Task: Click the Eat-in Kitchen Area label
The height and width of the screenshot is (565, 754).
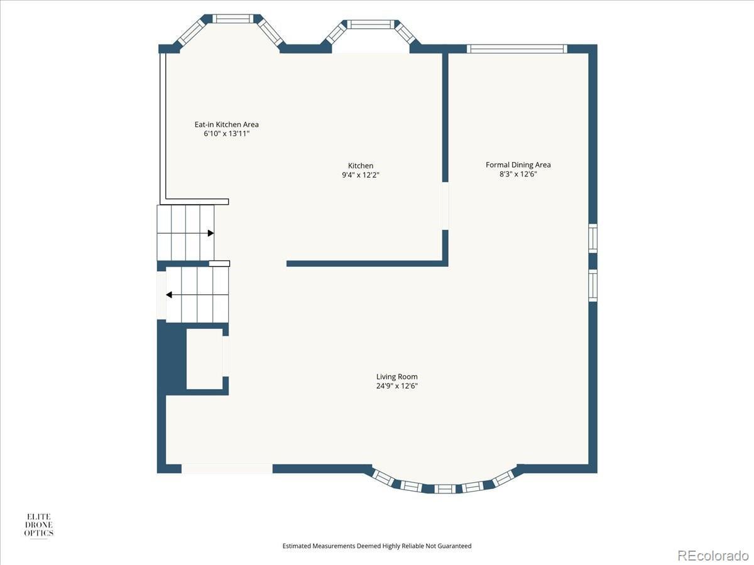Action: coord(226,124)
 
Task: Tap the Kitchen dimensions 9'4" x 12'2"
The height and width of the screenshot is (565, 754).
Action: coord(360,175)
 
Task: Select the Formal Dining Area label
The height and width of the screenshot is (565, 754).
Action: coord(518,165)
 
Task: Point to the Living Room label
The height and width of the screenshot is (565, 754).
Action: coord(396,377)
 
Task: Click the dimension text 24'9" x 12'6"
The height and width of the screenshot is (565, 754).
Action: coord(396,386)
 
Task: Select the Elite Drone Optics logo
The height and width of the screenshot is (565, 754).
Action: coord(39,525)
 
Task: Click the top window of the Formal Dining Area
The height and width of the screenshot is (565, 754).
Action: coord(517,49)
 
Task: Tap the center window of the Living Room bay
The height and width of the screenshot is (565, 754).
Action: coord(445,488)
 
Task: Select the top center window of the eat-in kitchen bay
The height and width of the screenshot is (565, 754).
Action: coord(233,19)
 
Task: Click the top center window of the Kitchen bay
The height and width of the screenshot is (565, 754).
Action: coord(371,24)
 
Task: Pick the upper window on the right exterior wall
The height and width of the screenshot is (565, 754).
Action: coord(593,239)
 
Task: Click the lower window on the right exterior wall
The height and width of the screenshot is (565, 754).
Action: coord(593,286)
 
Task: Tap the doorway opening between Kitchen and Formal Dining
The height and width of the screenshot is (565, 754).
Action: coord(445,206)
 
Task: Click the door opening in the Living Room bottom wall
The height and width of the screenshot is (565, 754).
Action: coord(227,468)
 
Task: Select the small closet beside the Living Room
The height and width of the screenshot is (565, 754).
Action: coord(205,359)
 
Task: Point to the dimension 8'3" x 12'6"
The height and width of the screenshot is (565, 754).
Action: coord(518,174)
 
